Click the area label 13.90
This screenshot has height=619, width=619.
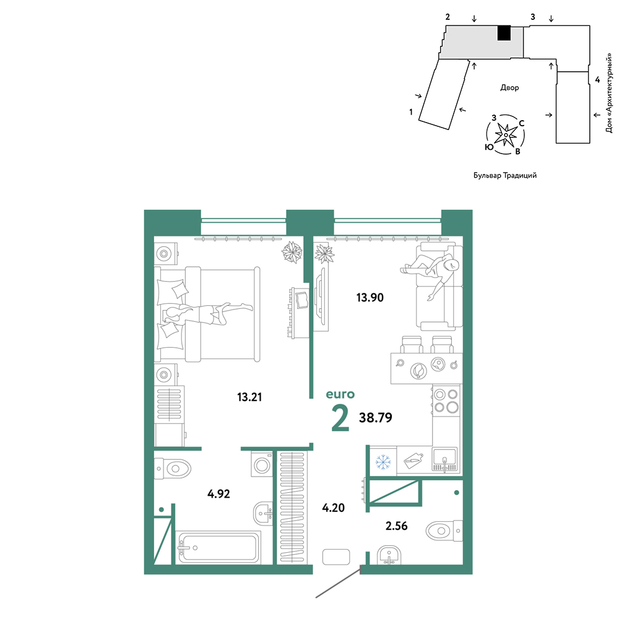tap(370, 297)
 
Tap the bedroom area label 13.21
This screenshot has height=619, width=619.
tap(249, 397)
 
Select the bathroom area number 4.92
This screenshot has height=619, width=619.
tap(219, 493)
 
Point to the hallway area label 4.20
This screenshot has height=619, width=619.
tap(334, 508)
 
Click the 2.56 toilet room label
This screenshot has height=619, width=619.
tap(396, 526)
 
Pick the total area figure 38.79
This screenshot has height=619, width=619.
tap(376, 417)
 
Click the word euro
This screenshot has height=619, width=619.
tap(340, 394)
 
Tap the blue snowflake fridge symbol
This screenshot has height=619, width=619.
tap(383, 462)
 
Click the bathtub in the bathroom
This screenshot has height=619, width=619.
tap(219, 547)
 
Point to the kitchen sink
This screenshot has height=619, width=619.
tap(445, 459)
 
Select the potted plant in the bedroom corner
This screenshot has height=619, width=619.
tap(292, 252)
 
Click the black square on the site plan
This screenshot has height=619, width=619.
tap(504, 33)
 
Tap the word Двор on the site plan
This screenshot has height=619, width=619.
tap(509, 87)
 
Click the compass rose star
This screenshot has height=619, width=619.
tap(506, 134)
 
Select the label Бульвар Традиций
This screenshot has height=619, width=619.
tap(505, 175)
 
